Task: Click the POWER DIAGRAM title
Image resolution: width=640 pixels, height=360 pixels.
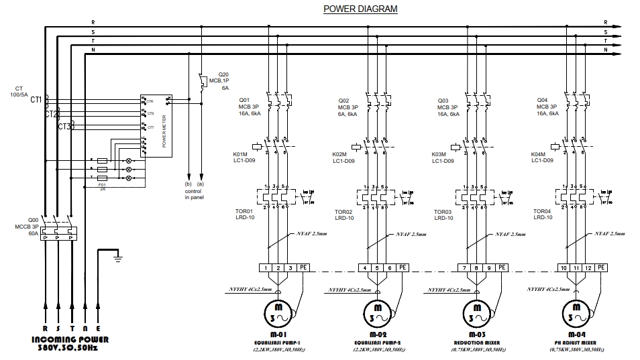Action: [360, 9]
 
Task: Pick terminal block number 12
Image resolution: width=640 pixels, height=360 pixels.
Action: [588, 267]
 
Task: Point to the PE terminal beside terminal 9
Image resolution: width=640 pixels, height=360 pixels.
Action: [502, 267]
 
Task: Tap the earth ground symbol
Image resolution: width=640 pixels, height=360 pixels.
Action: [117, 255]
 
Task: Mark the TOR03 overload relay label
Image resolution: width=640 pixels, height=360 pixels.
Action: [443, 211]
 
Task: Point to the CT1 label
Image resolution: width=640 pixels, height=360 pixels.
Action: [36, 99]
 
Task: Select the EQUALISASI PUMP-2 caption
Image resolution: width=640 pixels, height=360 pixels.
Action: [378, 342]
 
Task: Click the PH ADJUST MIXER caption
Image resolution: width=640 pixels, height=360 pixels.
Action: [578, 342]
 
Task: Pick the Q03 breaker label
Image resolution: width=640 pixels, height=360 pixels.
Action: [443, 100]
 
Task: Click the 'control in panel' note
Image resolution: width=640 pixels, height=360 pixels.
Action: [194, 194]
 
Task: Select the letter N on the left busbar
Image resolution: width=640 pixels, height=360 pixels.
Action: [93, 50]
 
